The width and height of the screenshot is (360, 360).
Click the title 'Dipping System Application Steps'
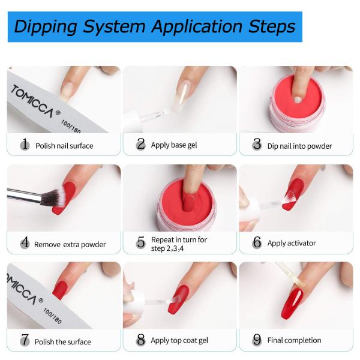pyautogui.click(x=154, y=27)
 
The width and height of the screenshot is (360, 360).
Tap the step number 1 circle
pyautogui.click(x=25, y=145)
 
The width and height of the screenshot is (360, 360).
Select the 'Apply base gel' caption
pyautogui.click(x=174, y=145)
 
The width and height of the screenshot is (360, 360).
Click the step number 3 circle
pyautogui.click(x=257, y=145)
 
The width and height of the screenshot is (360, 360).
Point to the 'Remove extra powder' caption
pyautogui.click(x=70, y=244)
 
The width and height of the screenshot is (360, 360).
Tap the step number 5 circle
pyautogui.click(x=141, y=242)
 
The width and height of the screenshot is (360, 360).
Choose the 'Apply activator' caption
pyautogui.click(x=292, y=243)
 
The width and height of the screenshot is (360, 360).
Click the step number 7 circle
pyautogui.click(x=25, y=341)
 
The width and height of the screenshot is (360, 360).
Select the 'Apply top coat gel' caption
pyautogui.click(x=179, y=341)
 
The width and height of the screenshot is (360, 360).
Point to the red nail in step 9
pyautogui.click(x=292, y=303)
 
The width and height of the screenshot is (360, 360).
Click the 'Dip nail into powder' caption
pyautogui.click(x=299, y=146)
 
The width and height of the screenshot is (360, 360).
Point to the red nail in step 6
pyautogui.click(x=293, y=195)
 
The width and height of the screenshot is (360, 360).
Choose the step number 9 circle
pyautogui.click(x=257, y=340)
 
